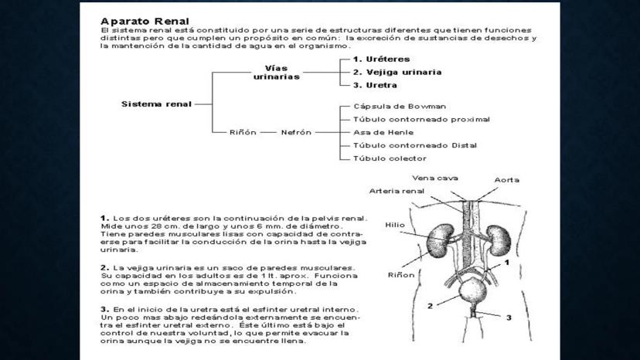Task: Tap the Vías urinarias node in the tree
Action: point(277,72)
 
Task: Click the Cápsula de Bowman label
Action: point(389,107)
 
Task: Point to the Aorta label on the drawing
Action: point(507,180)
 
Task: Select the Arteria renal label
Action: point(397,191)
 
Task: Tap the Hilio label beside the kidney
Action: point(395,226)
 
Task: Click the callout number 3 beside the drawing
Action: point(509,317)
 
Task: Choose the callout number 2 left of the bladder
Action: point(430,306)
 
